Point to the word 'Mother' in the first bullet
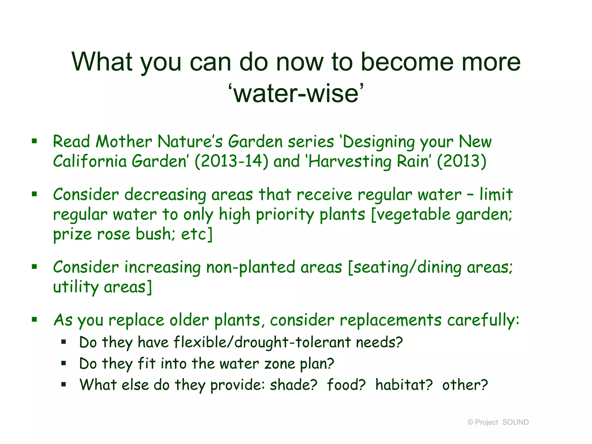[x=124, y=142]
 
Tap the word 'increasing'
[x=163, y=267]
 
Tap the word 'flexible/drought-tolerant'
[x=262, y=342]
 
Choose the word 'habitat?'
[x=404, y=385]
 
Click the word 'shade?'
[x=293, y=385]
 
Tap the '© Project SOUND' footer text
[x=498, y=422]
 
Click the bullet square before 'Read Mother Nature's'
[x=35, y=141]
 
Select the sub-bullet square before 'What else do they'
[x=64, y=385]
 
